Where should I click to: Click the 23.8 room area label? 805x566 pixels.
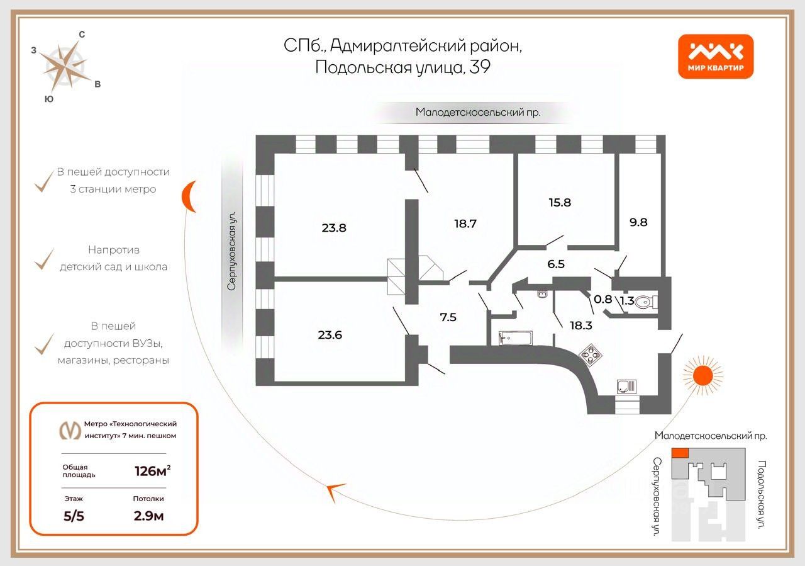[x=334, y=228]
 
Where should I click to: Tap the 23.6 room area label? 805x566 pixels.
[x=330, y=335]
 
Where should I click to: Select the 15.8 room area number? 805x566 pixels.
[x=560, y=203]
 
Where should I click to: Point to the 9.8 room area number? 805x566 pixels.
[x=638, y=222]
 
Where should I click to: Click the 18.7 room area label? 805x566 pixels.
[x=465, y=224]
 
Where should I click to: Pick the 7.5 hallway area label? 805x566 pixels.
[x=448, y=317]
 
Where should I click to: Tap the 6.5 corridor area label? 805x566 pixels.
[x=556, y=264]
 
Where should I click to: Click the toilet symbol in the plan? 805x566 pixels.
[x=646, y=302]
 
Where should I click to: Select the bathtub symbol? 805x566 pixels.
[x=515, y=338]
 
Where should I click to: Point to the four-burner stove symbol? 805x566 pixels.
[x=591, y=355]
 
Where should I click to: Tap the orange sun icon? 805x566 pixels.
[x=702, y=375]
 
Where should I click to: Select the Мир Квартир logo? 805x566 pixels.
[x=716, y=57]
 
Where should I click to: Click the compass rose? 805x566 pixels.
[x=65, y=67]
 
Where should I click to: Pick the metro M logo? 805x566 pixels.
[x=70, y=430]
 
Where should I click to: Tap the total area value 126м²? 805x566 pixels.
[x=152, y=471]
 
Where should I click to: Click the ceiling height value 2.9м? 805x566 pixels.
[x=148, y=516]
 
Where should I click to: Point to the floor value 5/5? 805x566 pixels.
[x=74, y=516]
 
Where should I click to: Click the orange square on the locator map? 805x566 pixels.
[x=680, y=453]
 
